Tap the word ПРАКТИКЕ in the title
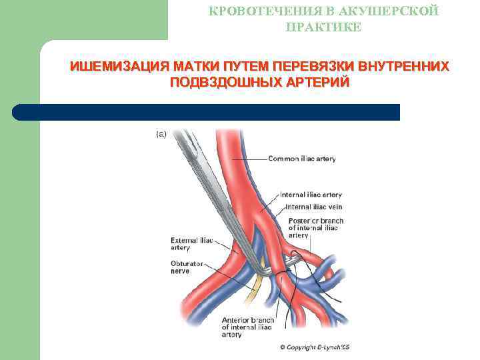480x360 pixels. click(x=323, y=27)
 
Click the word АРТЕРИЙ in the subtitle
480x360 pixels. click(x=319, y=83)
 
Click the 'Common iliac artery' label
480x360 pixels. click(x=302, y=159)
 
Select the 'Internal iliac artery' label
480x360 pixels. click(x=311, y=195)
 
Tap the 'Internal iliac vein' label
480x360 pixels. click(x=313, y=207)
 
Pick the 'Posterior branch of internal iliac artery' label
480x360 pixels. click(x=315, y=227)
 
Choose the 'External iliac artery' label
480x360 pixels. click(x=191, y=243)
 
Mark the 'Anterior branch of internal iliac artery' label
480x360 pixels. click(x=247, y=327)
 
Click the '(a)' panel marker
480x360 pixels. click(x=161, y=134)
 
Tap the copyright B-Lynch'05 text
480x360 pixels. click(x=315, y=347)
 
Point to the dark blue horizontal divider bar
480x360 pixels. click(x=207, y=112)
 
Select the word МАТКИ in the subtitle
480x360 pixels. click(x=199, y=67)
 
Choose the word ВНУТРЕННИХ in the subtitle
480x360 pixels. click(x=404, y=67)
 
